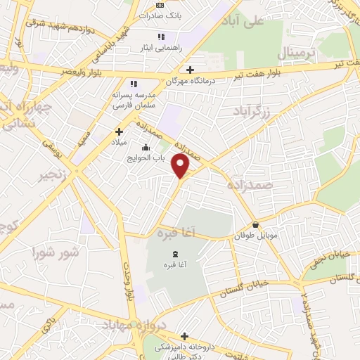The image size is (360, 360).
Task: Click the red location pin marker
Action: tap(181, 165)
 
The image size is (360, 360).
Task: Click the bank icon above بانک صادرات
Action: tap(160, 4)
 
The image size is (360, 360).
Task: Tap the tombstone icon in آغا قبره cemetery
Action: tap(175, 253)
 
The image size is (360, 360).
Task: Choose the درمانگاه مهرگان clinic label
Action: tap(189, 81)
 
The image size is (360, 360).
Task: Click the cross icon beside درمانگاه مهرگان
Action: tap(191, 69)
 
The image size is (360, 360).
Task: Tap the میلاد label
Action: tap(118, 142)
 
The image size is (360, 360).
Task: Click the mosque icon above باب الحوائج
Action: tap(146, 147)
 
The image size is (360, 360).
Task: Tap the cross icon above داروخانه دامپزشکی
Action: tap(185, 336)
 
